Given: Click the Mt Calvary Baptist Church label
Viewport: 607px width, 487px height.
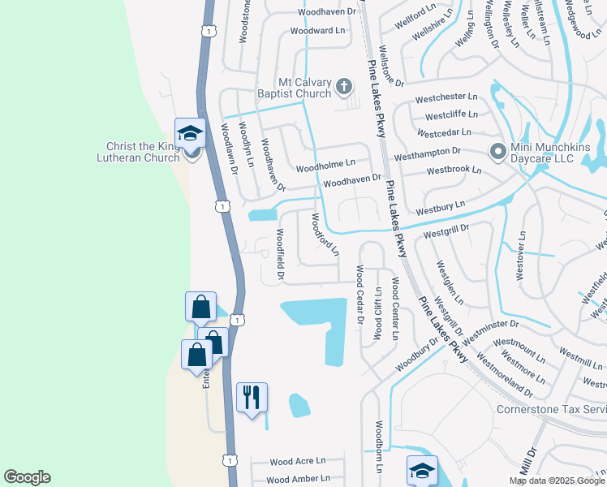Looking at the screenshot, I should (304, 88).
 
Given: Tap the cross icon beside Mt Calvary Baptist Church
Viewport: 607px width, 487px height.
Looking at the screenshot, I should (343, 85).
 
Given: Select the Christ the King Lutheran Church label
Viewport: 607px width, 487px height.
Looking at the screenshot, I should (142, 152).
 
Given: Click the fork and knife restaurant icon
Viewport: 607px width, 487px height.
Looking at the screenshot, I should (252, 397).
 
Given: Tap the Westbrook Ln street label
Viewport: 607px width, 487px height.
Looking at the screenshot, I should (454, 171).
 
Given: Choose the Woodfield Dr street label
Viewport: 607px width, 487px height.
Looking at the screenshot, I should (280, 254).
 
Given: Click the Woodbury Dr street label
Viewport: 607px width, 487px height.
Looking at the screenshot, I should (416, 352).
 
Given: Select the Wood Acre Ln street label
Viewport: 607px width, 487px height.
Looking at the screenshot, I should (297, 461).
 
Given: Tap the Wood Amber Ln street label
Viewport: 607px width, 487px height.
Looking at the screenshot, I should (297, 480).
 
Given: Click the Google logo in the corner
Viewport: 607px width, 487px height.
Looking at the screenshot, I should (27, 477).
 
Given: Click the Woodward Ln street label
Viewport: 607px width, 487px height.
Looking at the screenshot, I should (317, 31).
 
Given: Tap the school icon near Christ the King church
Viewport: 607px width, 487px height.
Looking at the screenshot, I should (190, 132).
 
